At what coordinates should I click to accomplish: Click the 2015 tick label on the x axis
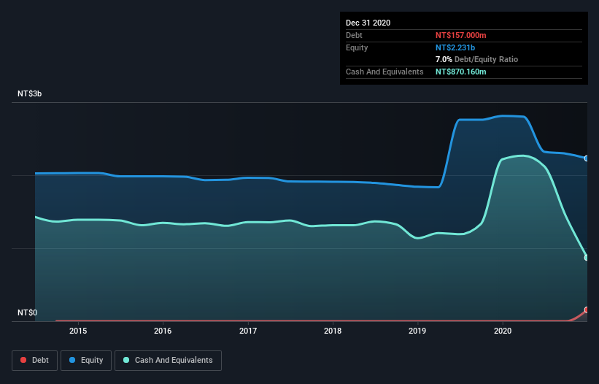78,331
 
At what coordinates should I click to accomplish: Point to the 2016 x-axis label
163,331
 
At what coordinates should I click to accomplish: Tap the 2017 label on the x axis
248,331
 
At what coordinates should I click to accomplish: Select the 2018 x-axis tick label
333,331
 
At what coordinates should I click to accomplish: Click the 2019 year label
418,331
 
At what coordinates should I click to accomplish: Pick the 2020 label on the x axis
503,331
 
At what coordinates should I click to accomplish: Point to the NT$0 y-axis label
27,313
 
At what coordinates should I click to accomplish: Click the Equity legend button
86,360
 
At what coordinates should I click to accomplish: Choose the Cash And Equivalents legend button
168,360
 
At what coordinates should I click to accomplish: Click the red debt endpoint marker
586,310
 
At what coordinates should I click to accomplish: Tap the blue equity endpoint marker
586,158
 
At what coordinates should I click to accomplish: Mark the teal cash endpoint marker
586,258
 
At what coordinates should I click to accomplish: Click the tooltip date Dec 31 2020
368,23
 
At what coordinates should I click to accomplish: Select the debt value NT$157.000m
460,35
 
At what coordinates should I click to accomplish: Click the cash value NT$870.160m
460,72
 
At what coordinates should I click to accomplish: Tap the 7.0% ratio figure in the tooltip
444,59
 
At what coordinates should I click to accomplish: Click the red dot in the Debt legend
24,360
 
